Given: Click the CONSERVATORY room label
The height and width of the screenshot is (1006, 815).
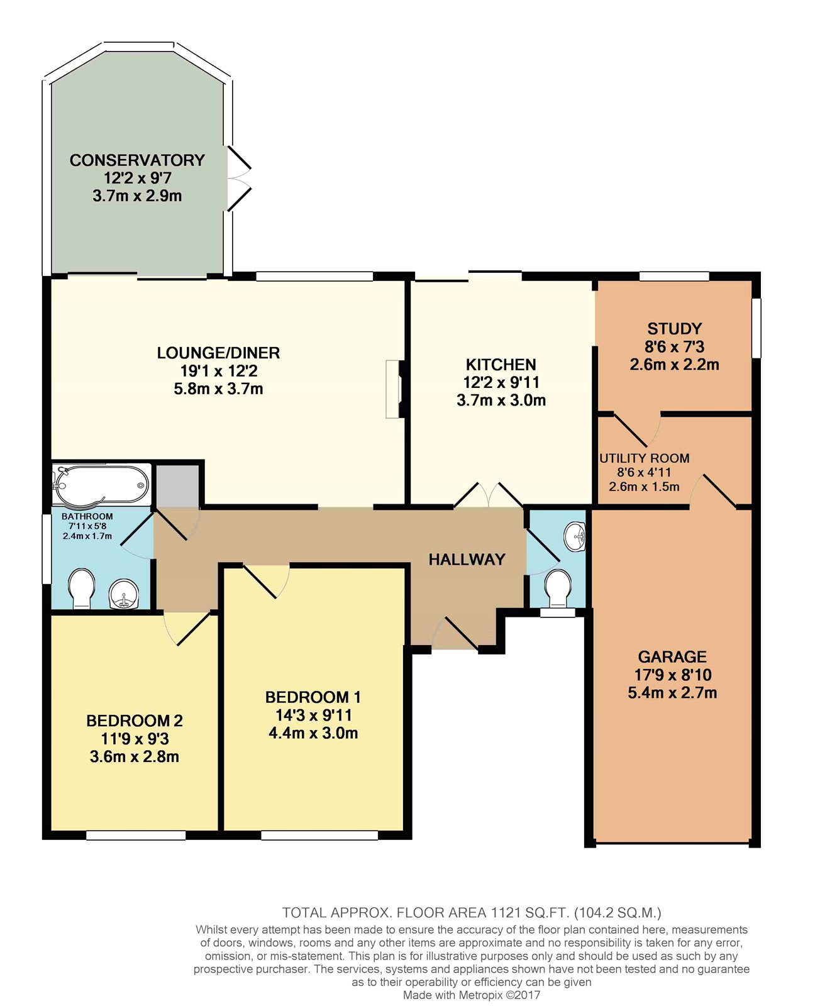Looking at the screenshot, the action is point(137,160).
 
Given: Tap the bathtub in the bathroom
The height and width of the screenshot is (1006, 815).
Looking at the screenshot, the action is point(101,485).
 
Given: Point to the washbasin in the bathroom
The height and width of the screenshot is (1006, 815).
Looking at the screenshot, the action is point(124,594).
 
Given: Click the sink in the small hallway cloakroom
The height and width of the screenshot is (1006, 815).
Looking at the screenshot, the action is point(574,536).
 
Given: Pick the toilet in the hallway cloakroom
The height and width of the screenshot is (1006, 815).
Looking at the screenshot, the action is point(558,589).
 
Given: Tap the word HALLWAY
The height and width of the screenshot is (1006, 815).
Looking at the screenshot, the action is point(467,560).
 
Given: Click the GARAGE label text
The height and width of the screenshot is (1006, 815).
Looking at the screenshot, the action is point(672,656).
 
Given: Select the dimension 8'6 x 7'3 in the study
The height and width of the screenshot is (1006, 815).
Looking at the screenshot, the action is point(674,346).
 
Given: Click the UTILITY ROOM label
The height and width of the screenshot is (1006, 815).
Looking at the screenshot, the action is point(644,458).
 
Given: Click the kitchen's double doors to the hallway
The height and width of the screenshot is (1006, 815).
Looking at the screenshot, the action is point(489,495).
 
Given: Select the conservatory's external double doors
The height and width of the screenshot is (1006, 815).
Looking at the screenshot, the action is point(239,178).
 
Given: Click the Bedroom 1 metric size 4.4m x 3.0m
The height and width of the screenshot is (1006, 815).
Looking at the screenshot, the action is point(313,732).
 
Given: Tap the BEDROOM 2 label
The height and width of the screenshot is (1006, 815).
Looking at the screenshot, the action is point(134,721).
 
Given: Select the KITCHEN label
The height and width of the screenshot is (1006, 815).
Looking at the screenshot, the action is point(501,365).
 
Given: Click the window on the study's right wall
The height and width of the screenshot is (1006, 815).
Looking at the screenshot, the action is point(757,328).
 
